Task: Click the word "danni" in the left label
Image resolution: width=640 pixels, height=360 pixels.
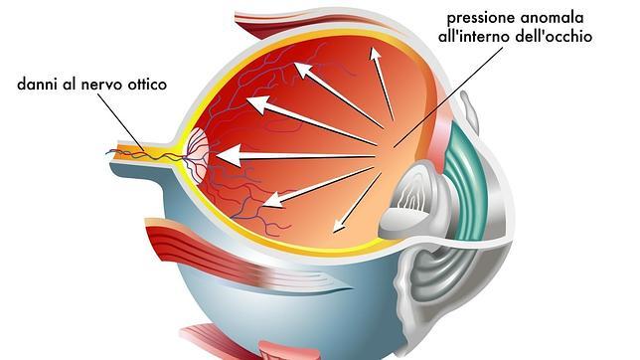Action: point(38,86)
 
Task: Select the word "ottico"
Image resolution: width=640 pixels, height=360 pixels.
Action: point(145,86)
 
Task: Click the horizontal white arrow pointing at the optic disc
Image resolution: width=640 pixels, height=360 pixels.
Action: point(298,156)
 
